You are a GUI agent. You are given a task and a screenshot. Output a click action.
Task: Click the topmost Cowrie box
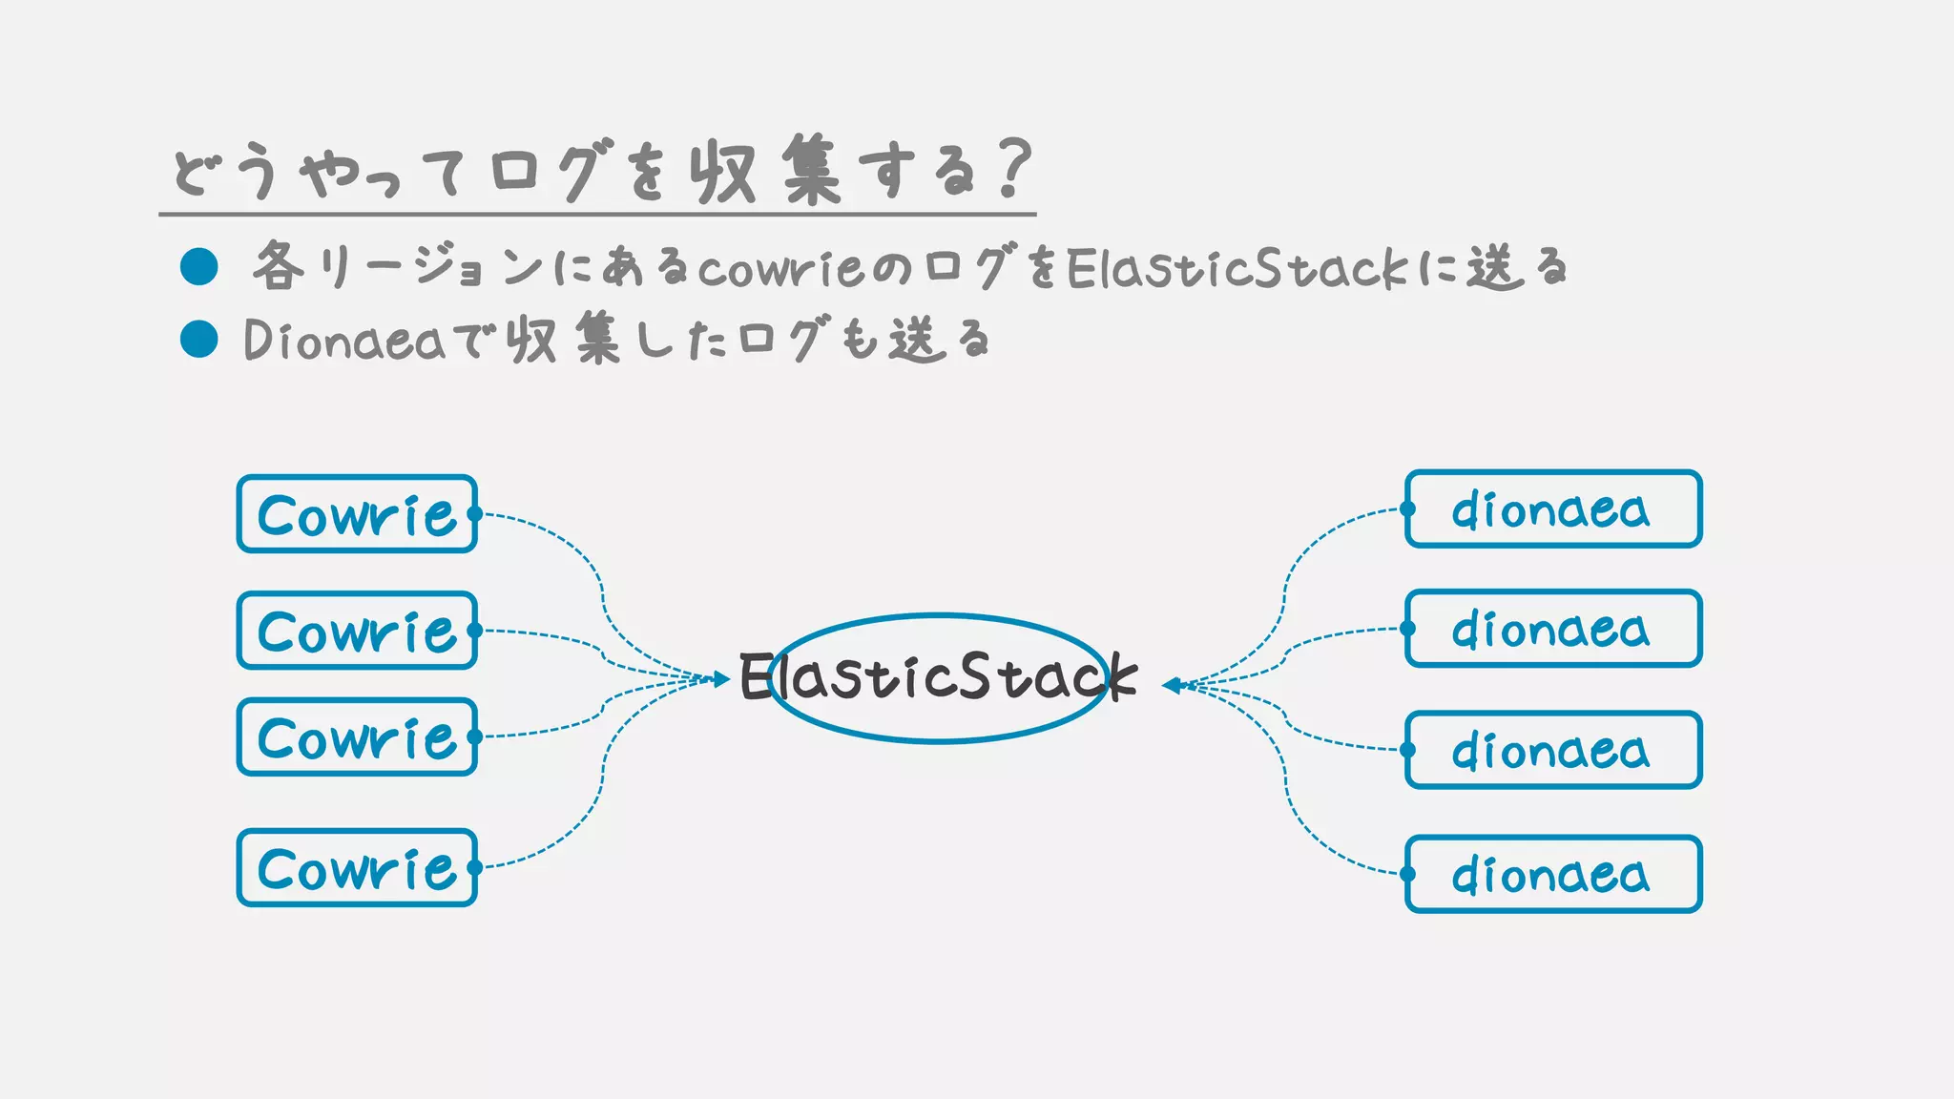tap(357, 514)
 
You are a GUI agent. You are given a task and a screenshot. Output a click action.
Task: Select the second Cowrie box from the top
tap(357, 631)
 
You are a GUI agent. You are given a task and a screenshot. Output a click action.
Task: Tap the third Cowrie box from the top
tap(357, 737)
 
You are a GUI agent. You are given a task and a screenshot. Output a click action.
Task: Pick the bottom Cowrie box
tap(357, 868)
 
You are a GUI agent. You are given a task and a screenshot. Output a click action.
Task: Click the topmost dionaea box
tap(1552, 509)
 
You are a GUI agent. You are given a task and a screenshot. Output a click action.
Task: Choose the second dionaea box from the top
tap(1552, 629)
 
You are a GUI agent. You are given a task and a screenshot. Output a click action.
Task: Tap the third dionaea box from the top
tap(1552, 750)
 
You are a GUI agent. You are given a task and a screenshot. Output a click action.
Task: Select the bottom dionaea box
tap(1552, 875)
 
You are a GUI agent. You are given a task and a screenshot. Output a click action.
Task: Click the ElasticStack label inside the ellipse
tap(939, 677)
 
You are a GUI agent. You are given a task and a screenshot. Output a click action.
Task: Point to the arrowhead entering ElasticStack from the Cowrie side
tap(722, 679)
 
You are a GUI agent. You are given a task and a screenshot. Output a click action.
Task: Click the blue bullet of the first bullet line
tap(199, 266)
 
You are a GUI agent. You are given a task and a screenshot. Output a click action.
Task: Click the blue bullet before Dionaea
tap(199, 339)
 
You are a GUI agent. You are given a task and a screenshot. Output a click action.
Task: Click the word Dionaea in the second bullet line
tap(344, 341)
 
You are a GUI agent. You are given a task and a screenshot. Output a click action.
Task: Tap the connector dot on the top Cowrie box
tap(475, 514)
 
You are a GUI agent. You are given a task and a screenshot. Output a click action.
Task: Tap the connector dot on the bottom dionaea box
tap(1407, 874)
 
